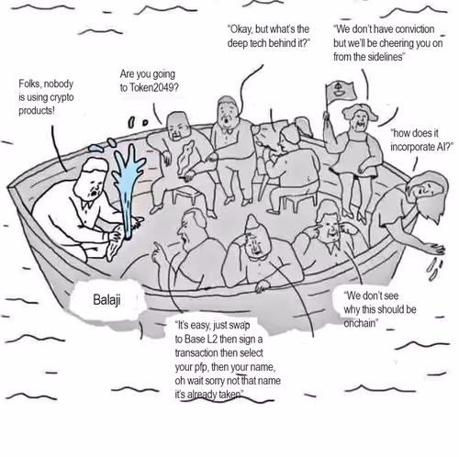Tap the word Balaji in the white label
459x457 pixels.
coord(106,300)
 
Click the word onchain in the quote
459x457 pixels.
coord(359,323)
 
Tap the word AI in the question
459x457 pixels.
coord(442,147)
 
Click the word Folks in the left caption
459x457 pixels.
coord(28,84)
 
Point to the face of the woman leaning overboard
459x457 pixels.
coord(424,191)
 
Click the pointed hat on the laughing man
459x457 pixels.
coord(252,223)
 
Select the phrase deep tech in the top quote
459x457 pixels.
coord(247,43)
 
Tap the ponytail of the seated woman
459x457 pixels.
coord(304,126)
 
